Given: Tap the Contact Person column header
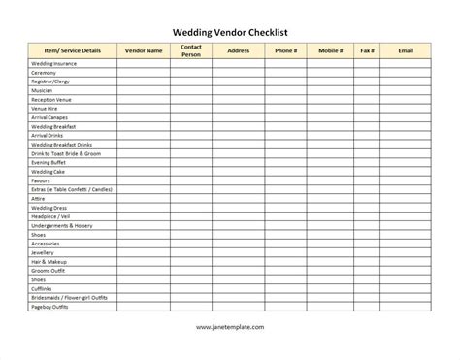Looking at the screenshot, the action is (x=191, y=49).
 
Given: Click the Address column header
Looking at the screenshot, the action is (x=240, y=49).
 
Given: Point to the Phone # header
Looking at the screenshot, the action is (x=286, y=49).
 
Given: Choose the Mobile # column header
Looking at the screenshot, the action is (x=332, y=49).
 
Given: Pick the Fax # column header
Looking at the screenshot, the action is (x=367, y=49).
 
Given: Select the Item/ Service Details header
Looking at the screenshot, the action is (x=73, y=49).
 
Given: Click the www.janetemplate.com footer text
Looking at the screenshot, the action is (x=230, y=327).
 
